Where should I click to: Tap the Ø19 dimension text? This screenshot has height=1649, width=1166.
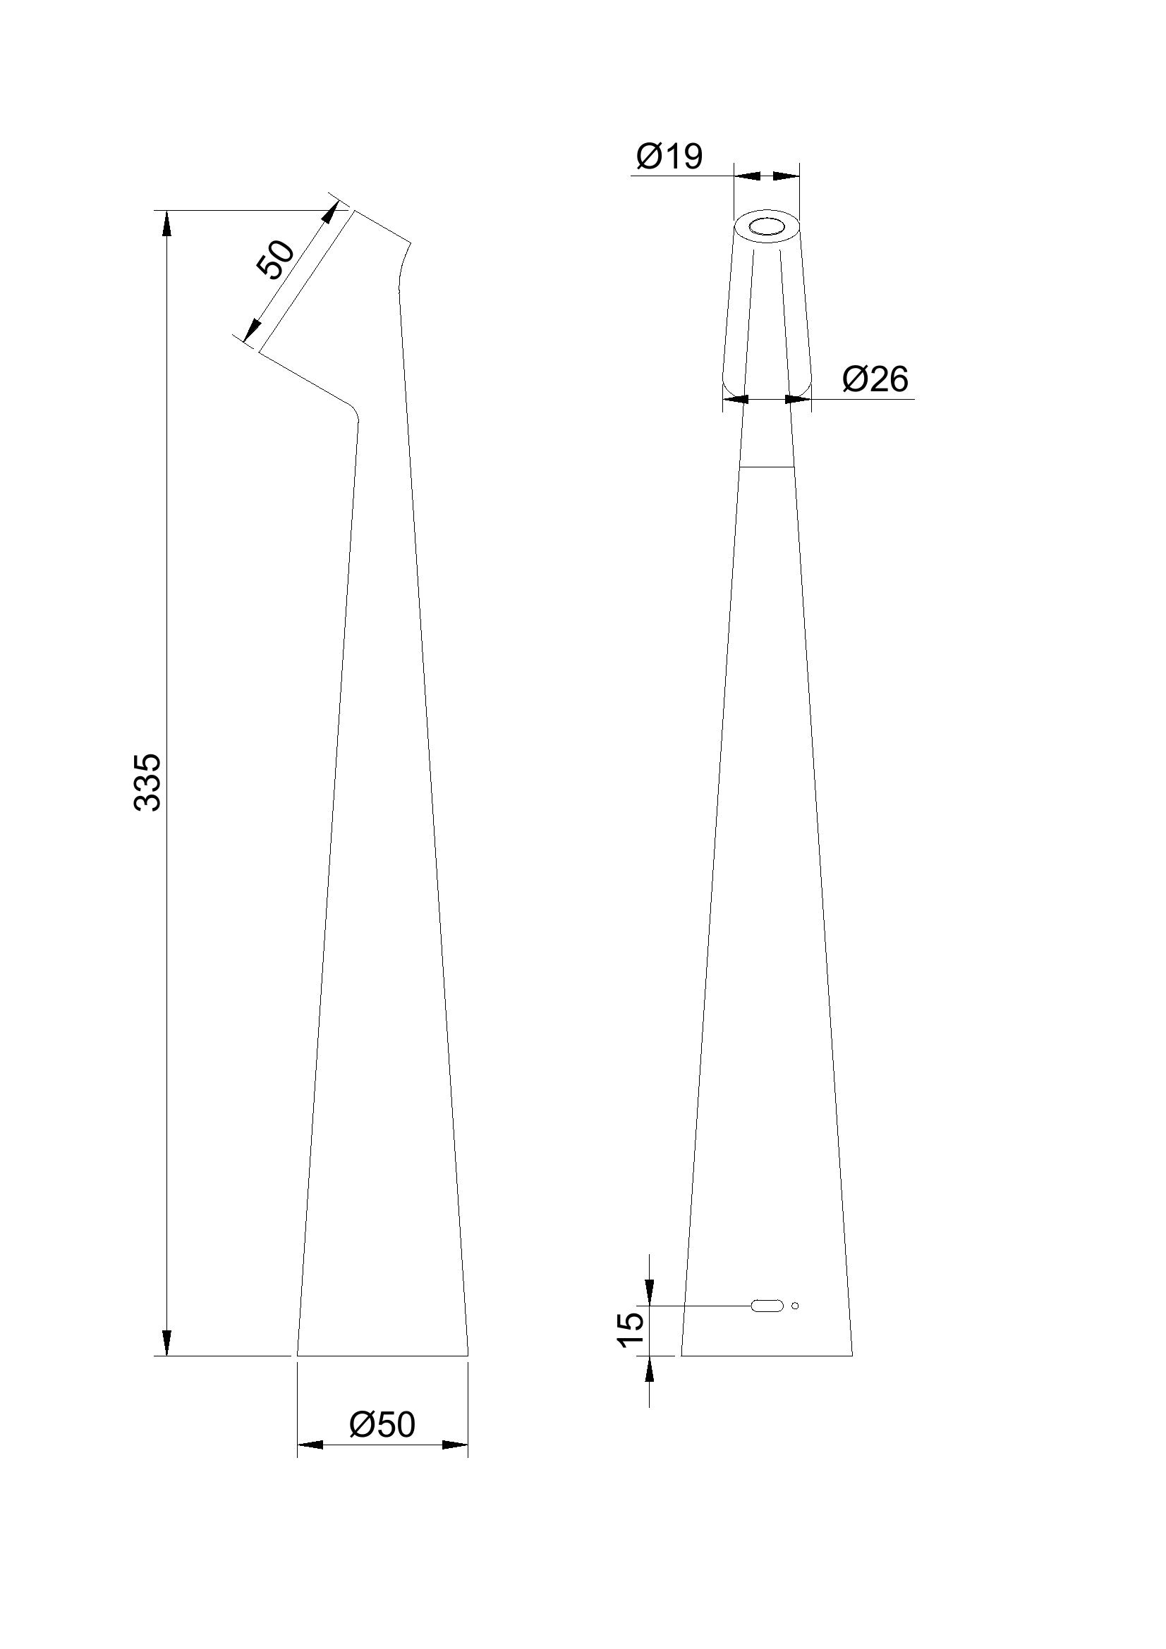point(669,156)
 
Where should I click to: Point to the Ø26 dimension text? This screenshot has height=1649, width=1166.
point(875,379)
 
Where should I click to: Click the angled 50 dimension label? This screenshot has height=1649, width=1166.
point(277,259)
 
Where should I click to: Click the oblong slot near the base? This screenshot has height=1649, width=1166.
point(767,1306)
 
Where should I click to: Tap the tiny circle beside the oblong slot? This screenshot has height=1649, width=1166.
point(794,1306)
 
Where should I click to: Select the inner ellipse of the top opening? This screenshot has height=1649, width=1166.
point(767,228)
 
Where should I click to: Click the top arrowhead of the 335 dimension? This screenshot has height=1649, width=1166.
point(166,222)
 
